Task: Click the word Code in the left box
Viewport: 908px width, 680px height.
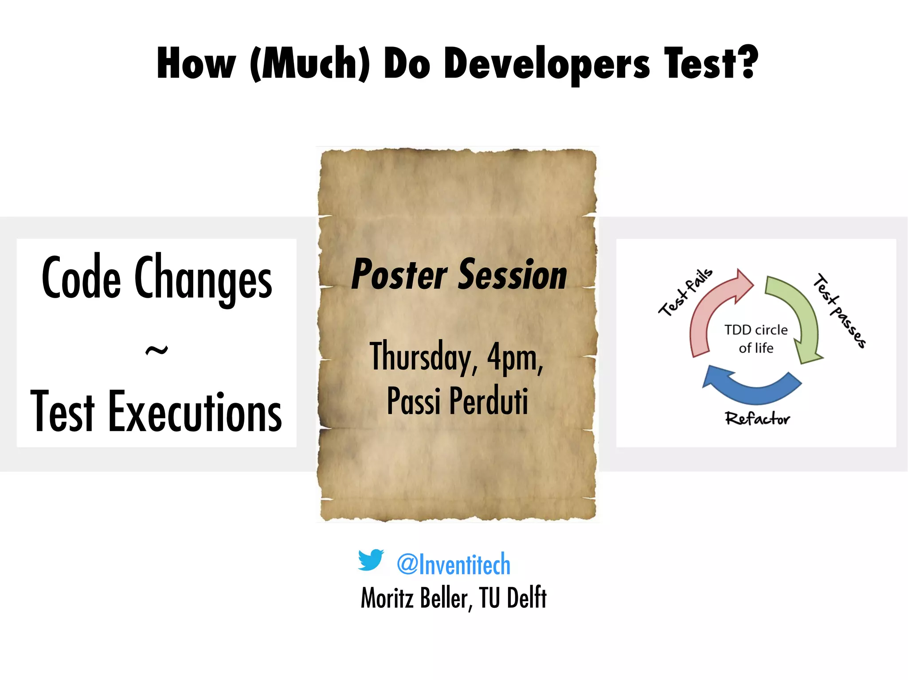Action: [x=82, y=278]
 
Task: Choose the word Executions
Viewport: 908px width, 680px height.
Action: [x=195, y=412]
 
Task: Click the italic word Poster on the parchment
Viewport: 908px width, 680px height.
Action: [x=399, y=275]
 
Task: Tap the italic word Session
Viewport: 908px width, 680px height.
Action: [x=513, y=275]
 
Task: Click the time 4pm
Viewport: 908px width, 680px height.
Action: [x=514, y=357]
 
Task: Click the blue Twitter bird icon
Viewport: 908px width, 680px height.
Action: [x=371, y=560]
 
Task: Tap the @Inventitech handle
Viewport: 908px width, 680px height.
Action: [x=454, y=564]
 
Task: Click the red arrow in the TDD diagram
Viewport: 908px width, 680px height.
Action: [x=709, y=310]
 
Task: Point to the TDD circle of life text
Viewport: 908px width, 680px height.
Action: [x=756, y=339]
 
